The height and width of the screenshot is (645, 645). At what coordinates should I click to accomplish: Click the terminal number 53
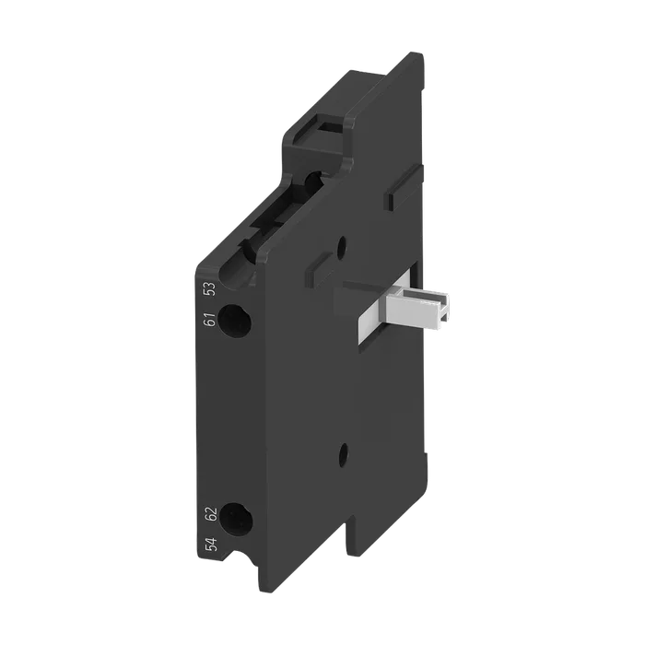pyautogui.click(x=210, y=289)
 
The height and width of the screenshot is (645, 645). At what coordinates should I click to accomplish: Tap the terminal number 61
pyautogui.click(x=210, y=319)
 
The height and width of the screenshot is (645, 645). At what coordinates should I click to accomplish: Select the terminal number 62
pyautogui.click(x=211, y=514)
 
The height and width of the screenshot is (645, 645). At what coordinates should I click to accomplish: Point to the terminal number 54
pyautogui.click(x=211, y=545)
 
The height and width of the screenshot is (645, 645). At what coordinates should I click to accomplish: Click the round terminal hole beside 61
pyautogui.click(x=234, y=320)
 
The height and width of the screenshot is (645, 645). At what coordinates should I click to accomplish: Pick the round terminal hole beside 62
pyautogui.click(x=236, y=519)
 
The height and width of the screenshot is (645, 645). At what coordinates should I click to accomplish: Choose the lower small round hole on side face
pyautogui.click(x=343, y=454)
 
